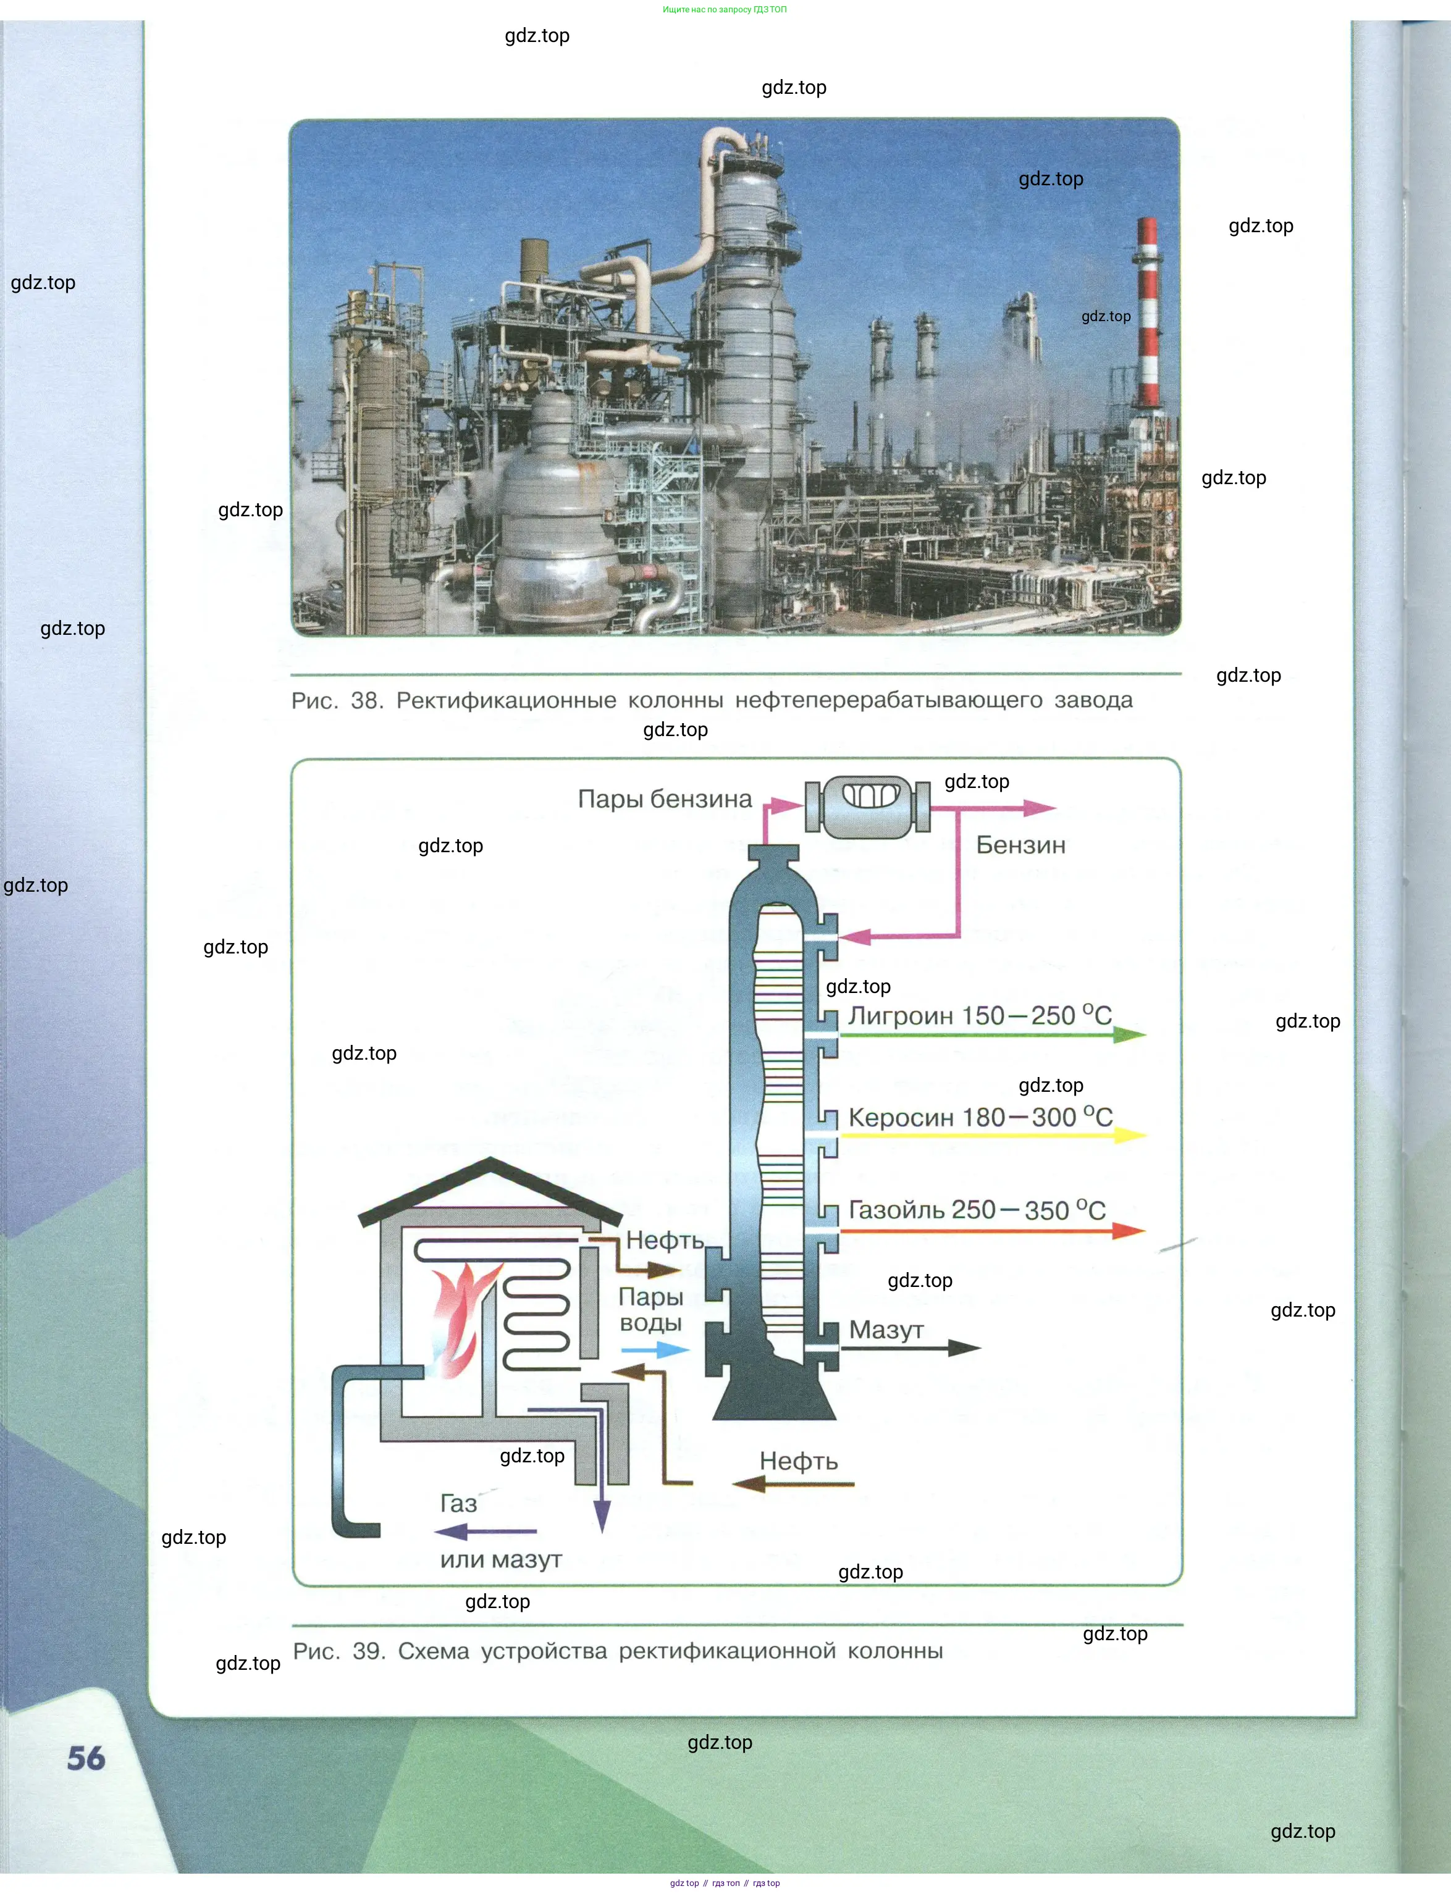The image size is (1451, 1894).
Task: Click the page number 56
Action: pos(86,1758)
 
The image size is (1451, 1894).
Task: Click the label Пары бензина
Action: pos(664,798)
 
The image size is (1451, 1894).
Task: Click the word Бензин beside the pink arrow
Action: pos(1020,845)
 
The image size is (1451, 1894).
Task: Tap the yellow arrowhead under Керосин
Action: pos(1129,1134)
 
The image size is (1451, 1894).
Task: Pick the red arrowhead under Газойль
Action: pos(1128,1230)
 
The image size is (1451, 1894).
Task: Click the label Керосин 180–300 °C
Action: pos(980,1117)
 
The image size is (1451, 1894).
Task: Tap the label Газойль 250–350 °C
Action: pos(977,1209)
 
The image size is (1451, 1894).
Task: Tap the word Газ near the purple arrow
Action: pos(458,1503)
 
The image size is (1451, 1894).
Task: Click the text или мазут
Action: pos(501,1559)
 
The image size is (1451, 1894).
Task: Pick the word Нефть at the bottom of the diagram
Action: pos(799,1460)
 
